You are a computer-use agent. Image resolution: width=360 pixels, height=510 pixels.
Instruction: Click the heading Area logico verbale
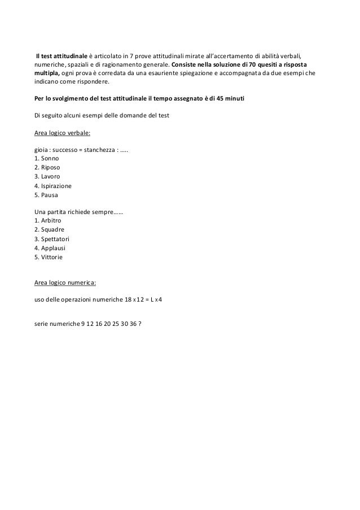point(63,133)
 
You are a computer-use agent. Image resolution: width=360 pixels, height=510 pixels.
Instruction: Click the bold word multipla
point(49,81)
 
